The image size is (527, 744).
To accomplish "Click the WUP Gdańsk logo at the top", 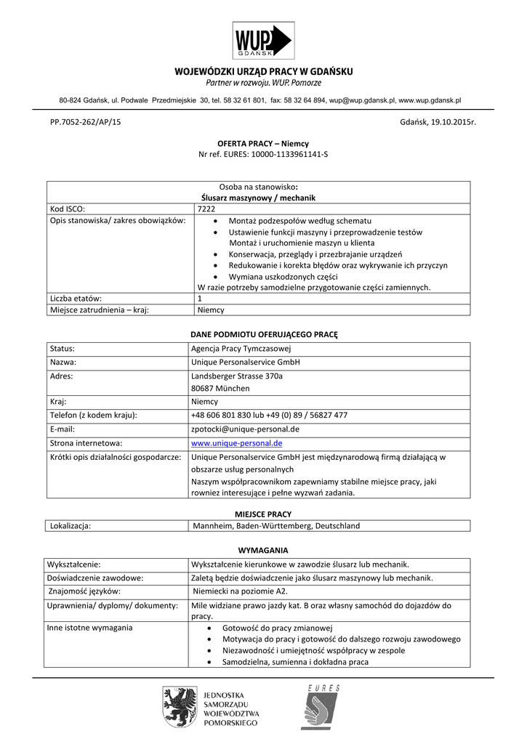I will (262, 41).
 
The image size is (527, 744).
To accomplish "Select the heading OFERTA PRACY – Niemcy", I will (263, 144).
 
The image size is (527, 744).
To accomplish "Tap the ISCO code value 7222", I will (206, 209).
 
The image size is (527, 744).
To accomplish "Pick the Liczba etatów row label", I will (76, 298).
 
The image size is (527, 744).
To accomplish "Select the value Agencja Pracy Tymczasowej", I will (241, 349).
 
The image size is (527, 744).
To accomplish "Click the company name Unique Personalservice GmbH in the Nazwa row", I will (245, 362).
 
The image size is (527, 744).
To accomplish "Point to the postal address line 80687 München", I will (220, 388).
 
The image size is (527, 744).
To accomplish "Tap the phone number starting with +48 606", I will (269, 415).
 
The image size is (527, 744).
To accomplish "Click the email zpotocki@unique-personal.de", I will (245, 429).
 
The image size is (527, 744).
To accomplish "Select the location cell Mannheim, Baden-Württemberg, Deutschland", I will (275, 526).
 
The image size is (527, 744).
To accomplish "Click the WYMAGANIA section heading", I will (263, 550).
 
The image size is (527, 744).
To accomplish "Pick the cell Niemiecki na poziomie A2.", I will (239, 591).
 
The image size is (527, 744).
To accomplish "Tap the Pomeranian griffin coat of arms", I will (176, 708).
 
